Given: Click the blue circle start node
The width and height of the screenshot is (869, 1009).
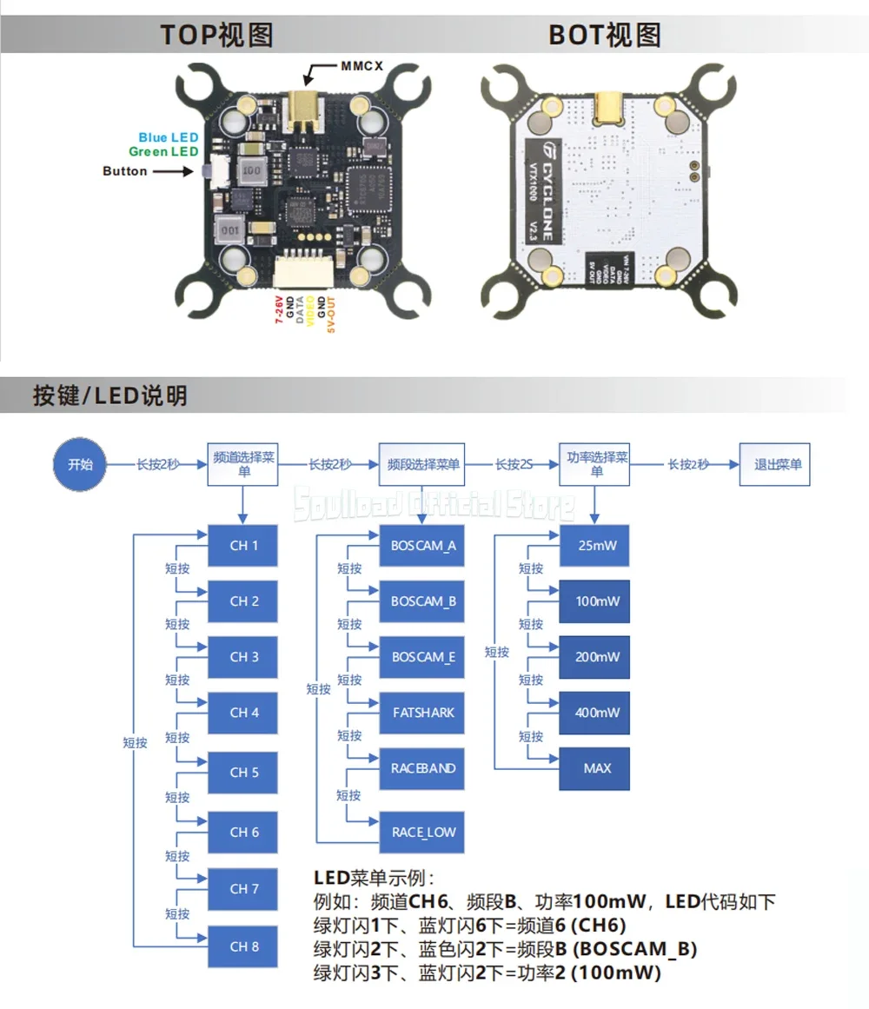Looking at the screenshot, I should coord(80,464).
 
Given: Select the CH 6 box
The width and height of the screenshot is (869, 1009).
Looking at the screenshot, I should coord(243,832).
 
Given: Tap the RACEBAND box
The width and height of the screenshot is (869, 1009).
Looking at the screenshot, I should coord(423,768).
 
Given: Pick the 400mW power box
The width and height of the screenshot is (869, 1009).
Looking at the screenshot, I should coord(597,713).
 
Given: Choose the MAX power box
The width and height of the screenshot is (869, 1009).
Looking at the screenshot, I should coord(597,768).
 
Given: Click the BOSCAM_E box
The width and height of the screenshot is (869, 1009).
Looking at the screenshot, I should coord(423,657).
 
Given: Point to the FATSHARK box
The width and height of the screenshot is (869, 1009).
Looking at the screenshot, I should coord(423,713).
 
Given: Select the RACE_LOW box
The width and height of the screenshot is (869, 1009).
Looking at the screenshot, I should coord(423,833).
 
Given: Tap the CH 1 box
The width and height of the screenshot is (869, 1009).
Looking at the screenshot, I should coord(243,546).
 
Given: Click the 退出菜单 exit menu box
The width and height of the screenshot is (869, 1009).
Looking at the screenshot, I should coord(778,464).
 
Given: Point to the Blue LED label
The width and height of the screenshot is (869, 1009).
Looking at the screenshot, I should coord(168,137).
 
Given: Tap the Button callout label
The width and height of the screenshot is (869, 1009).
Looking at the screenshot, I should coord(125,171).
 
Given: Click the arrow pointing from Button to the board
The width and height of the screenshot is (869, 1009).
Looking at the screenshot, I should coord(175,171).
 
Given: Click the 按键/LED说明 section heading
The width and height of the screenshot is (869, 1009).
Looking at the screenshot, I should coord(109,396).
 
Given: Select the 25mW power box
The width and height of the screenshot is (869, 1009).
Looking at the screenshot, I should coord(597,546).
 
